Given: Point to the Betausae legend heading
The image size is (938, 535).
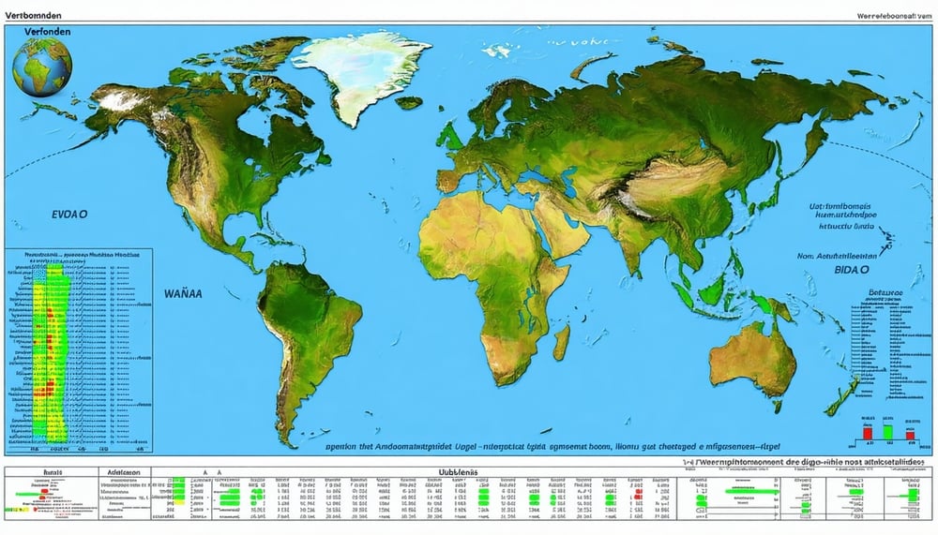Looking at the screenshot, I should [x=885, y=293].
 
